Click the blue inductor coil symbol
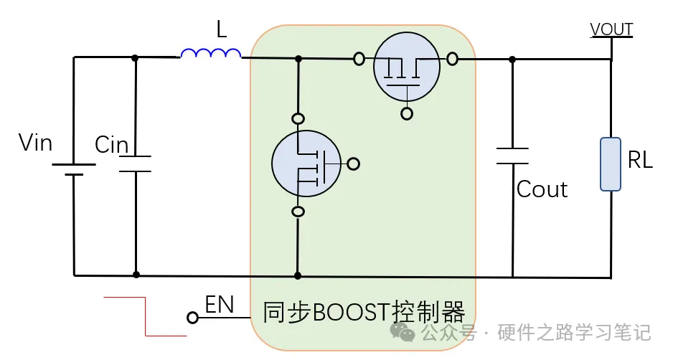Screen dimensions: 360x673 pos(210,53)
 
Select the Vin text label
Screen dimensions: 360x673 pos(36,143)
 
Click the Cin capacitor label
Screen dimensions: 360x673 pos(111,145)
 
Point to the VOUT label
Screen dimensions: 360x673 pos(611,29)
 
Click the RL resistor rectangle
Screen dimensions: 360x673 pos(611,165)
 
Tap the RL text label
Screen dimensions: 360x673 pos(640,161)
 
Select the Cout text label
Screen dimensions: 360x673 pos(542,189)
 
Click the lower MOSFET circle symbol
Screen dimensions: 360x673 pos(306,164)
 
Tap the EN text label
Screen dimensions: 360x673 pos(220,305)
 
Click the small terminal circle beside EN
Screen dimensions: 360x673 pos(192,317)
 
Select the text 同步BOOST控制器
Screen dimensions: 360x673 pos(364,313)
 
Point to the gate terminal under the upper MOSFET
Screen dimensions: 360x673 pos(407,113)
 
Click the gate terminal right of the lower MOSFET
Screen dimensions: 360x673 pos(353,164)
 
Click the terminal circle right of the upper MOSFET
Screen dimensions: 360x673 pos(452,59)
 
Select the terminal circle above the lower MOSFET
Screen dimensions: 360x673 pos(298,118)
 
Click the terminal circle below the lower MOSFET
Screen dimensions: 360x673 pos(298,211)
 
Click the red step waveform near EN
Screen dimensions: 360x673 pos(146,316)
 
